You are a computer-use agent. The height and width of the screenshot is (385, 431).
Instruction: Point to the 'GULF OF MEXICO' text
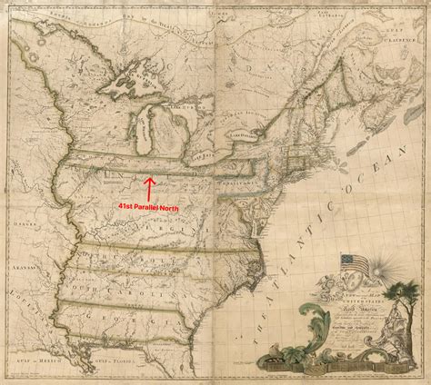coord(36,369)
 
